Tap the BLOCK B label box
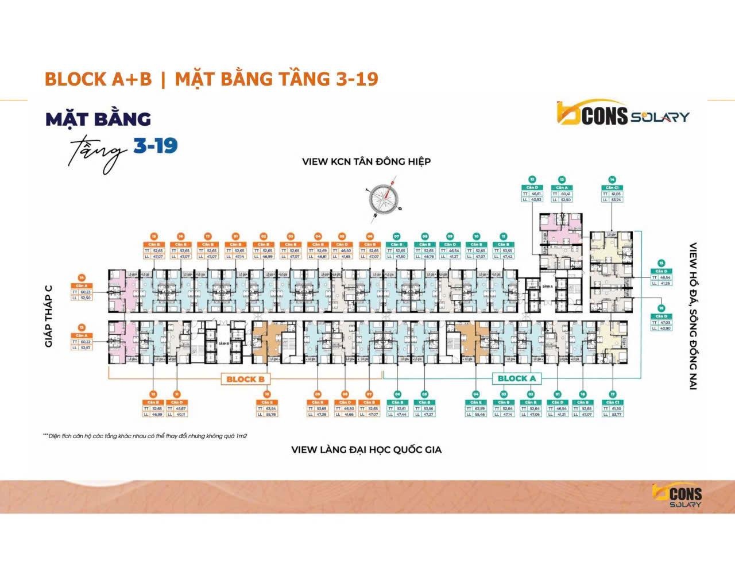tap(245, 379)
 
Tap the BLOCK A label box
tap(516, 378)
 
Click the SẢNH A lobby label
tap(547, 286)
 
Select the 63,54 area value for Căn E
tap(271, 409)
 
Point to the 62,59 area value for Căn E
tap(480, 409)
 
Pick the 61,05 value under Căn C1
tap(615, 194)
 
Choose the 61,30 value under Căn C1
tap(615, 409)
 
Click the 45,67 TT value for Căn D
tap(180, 409)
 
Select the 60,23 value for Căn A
tap(86, 292)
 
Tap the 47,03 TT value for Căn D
tap(665, 323)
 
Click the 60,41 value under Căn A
tap(565, 194)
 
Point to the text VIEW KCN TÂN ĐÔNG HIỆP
tap(366, 161)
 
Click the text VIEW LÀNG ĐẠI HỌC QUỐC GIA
tap(366, 450)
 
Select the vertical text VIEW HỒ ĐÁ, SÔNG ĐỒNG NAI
tap(693, 316)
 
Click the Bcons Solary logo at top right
tap(622, 114)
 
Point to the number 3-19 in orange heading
tap(357, 79)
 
